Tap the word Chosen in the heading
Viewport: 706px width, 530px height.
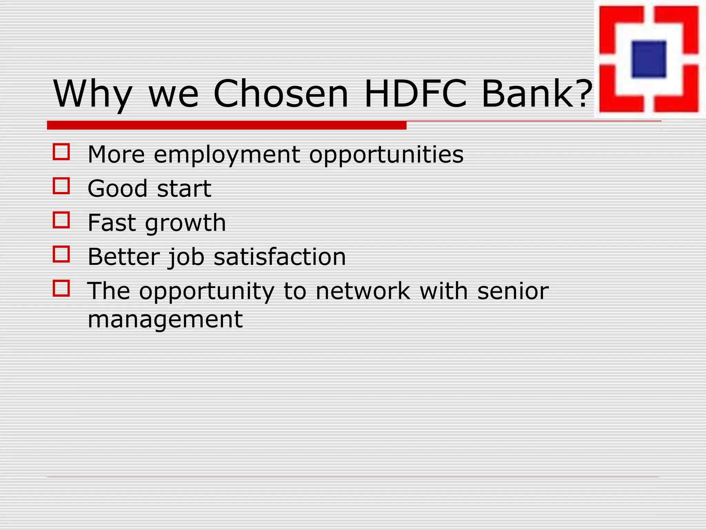coord(281,94)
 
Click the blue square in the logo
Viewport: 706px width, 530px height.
coord(648,59)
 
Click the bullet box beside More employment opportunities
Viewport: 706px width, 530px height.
coord(61,152)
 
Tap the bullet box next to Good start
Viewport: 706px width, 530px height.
coord(61,186)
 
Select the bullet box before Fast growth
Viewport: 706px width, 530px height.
coord(61,220)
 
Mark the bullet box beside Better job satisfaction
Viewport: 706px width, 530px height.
coord(61,254)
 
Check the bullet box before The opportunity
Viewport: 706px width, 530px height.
coord(61,288)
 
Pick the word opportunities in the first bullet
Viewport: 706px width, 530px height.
coord(386,155)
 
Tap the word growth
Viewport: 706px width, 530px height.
coord(185,223)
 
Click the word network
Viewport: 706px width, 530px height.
coord(363,291)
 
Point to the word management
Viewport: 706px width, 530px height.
coord(165,320)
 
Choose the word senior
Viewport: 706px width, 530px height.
coord(513,291)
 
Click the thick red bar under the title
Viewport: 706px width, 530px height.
coord(226,125)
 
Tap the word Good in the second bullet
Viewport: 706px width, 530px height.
coord(118,189)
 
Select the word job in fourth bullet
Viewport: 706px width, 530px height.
coord(186,257)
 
